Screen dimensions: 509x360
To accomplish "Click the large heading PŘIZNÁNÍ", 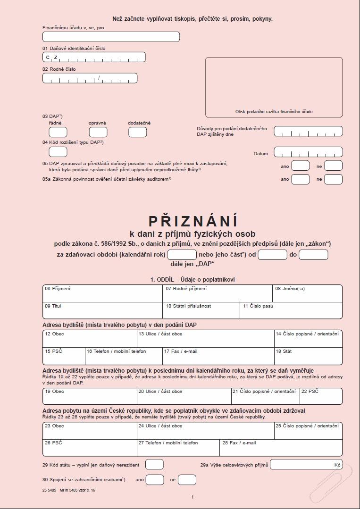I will pyautogui.click(x=193, y=221).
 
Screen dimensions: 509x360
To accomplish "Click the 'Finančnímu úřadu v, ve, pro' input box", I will pyautogui.click(x=111, y=37).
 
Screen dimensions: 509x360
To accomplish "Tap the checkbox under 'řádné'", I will pyautogui.click(x=58, y=132).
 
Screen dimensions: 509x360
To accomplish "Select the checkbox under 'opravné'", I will pyautogui.click(x=98, y=132).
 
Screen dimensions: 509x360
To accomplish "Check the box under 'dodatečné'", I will pyautogui.click(x=137, y=132).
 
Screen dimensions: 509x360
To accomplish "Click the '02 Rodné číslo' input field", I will pyautogui.click(x=90, y=78).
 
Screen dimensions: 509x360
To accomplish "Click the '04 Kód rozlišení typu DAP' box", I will pyautogui.click(x=58, y=152).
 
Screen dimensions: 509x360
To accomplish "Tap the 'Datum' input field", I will pyautogui.click(x=308, y=152).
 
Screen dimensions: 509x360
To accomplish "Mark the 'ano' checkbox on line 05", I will pyautogui.click(x=300, y=166).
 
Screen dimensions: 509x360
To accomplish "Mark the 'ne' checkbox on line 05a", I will pyautogui.click(x=333, y=179).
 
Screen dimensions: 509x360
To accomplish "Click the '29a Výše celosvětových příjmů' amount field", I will pyautogui.click(x=306, y=465).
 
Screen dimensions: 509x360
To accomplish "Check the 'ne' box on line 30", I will pyautogui.click(x=187, y=480).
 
